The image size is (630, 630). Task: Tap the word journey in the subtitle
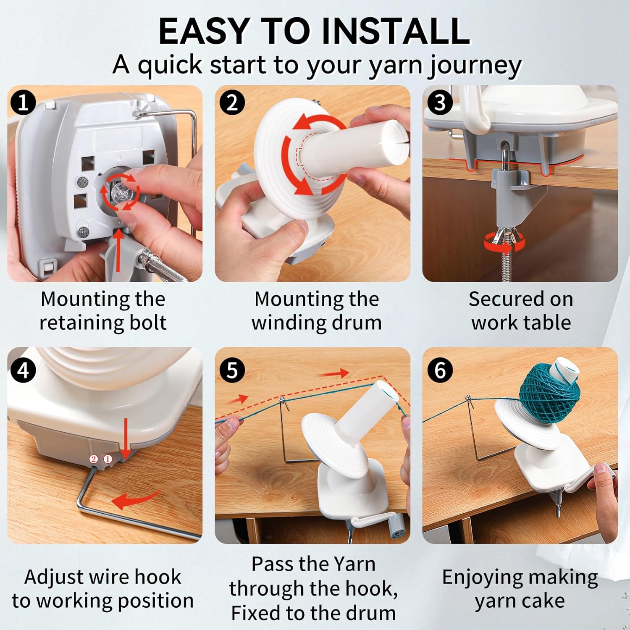[x=475, y=66]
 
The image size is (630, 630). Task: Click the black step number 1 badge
[x=24, y=102]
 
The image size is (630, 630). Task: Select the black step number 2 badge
[x=232, y=102]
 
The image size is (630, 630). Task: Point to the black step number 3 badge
[x=439, y=102]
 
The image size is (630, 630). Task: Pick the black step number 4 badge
[x=24, y=370]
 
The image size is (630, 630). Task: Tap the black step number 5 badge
[x=232, y=370]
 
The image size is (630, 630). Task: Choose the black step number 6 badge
[x=439, y=370]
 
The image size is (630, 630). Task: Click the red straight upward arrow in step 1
[x=119, y=250]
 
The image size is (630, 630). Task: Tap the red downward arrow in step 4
[x=126, y=439]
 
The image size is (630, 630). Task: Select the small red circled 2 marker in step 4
[x=94, y=459]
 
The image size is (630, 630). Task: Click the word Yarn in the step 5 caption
[x=352, y=564]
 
